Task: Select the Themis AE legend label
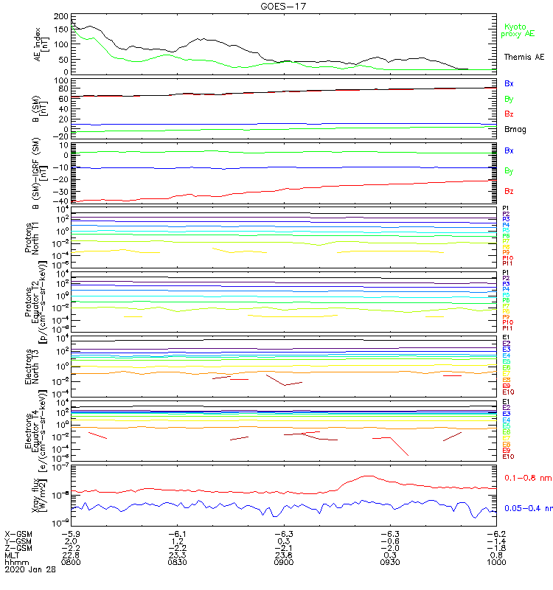pyautogui.click(x=524, y=57)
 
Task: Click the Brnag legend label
pyautogui.click(x=515, y=129)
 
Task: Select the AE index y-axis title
pyautogui.click(x=45, y=44)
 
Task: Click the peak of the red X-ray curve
pyautogui.click(x=366, y=476)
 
